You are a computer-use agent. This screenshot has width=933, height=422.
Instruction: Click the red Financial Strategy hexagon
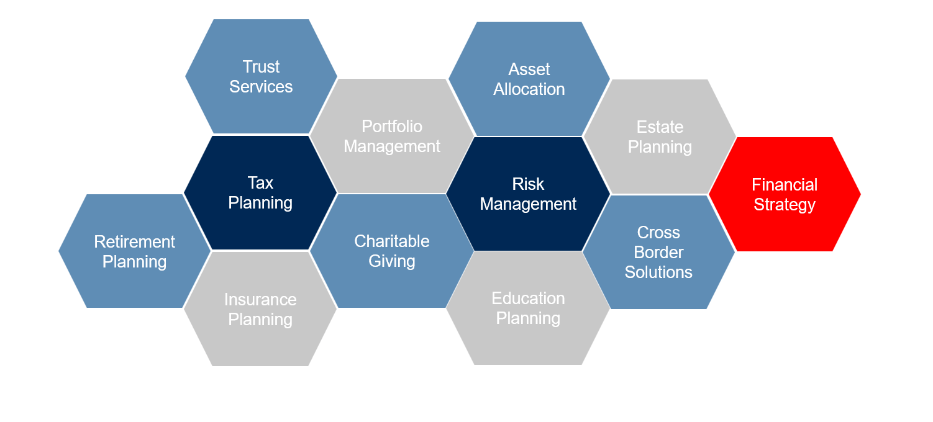[785, 194]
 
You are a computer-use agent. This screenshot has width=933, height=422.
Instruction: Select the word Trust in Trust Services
[261, 66]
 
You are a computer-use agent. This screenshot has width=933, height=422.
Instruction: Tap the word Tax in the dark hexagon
[260, 182]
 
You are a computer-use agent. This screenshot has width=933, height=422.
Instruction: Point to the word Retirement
[135, 242]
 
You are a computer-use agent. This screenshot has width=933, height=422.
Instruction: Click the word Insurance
[260, 300]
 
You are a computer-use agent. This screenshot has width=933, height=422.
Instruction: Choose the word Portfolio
[392, 127]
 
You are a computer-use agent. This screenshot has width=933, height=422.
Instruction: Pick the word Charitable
[392, 241]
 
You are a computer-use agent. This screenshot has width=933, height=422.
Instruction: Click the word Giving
[392, 261]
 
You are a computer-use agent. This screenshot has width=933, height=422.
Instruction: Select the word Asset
[529, 69]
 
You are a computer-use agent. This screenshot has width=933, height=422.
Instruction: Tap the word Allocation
[529, 89]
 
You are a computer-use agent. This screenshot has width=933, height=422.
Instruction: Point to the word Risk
[528, 184]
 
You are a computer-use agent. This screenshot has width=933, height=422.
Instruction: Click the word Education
[528, 299]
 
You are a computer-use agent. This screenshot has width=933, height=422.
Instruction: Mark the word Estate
[660, 127]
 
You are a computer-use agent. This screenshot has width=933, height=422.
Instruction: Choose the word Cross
[658, 233]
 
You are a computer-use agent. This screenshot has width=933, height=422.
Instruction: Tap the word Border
[658, 253]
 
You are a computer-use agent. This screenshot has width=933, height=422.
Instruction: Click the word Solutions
[658, 272]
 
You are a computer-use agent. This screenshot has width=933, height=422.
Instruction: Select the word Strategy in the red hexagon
[785, 205]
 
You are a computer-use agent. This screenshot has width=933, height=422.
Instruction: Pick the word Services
[261, 86]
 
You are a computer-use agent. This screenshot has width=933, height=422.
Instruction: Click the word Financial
[785, 185]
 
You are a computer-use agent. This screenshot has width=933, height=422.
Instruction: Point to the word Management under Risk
[528, 204]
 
